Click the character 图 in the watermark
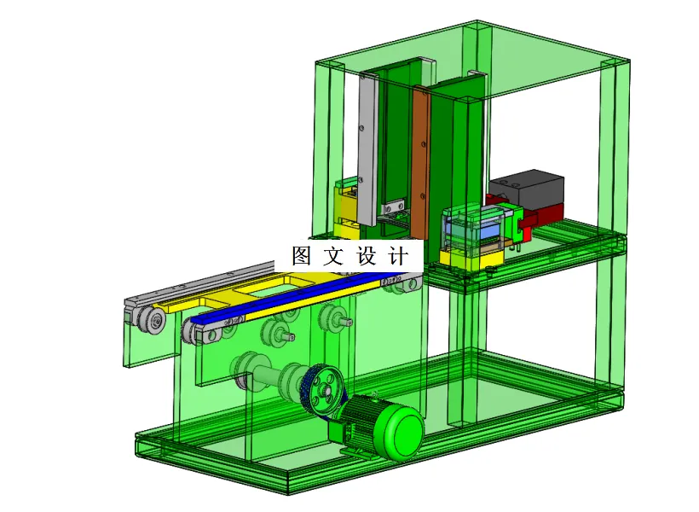point(302,255)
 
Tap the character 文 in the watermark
point(333,255)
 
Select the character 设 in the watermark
point(366,255)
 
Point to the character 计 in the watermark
point(398,256)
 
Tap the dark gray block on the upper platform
point(528,189)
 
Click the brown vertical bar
point(420,163)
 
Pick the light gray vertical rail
point(367,149)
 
